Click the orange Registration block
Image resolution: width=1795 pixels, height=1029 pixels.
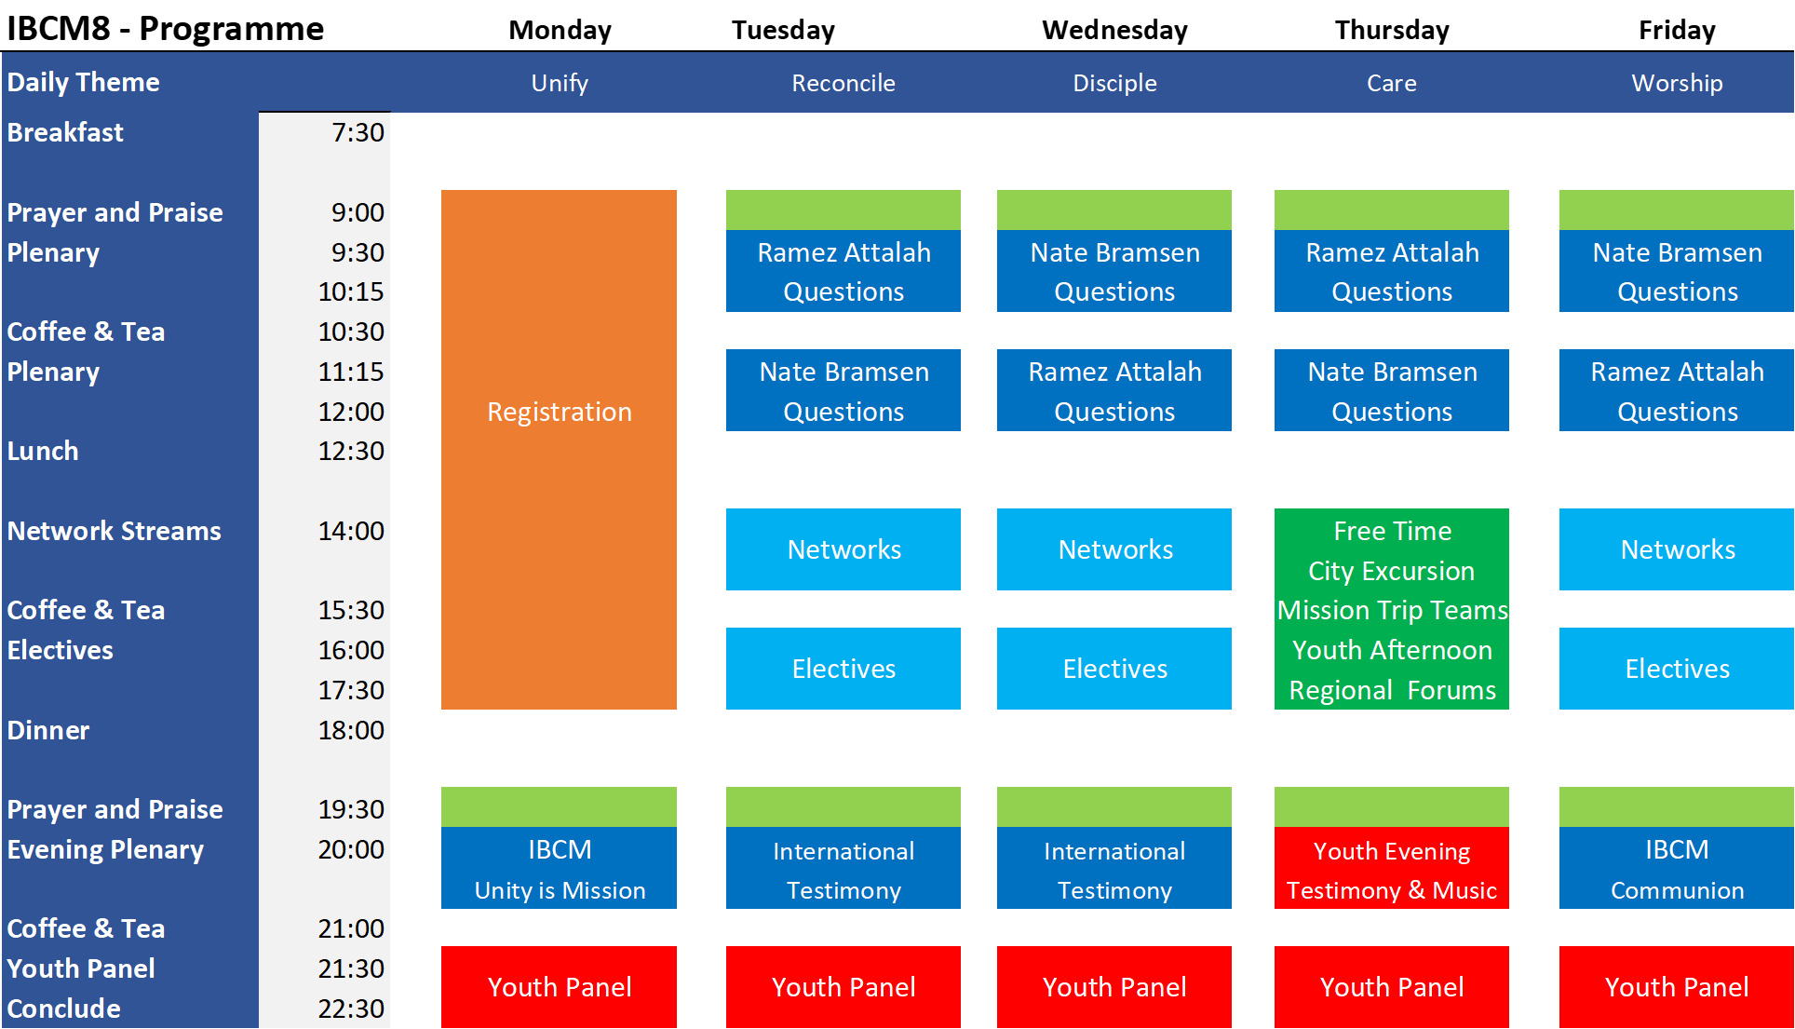coord(559,449)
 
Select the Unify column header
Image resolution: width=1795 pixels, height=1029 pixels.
coord(560,83)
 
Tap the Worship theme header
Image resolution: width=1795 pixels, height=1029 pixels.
coord(1677,83)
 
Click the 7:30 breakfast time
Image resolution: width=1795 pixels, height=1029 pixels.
coord(358,132)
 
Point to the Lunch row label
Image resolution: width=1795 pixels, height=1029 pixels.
coord(43,451)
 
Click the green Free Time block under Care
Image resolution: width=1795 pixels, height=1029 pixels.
coord(1391,608)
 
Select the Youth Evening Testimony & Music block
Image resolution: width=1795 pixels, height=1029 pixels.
coord(1391,870)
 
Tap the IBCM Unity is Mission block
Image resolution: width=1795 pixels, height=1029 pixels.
coord(559,870)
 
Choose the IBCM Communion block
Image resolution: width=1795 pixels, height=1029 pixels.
coord(1676,870)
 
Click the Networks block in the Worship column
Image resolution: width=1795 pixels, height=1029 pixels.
coord(1677,549)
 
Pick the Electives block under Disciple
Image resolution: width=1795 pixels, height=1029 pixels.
coord(1114,669)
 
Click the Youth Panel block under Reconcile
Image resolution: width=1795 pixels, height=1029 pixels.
coord(844,987)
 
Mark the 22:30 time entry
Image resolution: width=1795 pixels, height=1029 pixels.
coord(351,1009)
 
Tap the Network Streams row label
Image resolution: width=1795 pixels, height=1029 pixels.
coord(115,531)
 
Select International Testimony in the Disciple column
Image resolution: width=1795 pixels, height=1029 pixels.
coord(1114,870)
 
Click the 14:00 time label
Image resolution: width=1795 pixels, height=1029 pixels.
coord(351,531)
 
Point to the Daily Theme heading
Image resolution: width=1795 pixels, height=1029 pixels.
coord(84,82)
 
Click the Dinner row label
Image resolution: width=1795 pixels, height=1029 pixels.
coord(48,730)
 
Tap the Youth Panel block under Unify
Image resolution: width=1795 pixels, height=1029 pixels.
coord(559,987)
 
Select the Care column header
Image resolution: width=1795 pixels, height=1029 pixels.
coord(1391,83)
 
